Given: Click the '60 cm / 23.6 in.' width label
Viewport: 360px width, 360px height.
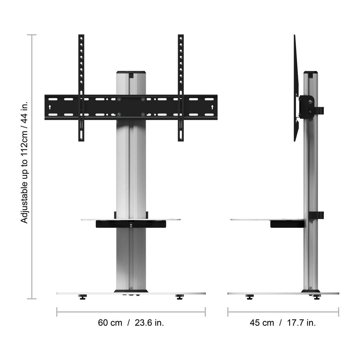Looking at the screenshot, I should coord(131,323).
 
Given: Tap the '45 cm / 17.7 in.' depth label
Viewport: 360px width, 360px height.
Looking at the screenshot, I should coord(283,323).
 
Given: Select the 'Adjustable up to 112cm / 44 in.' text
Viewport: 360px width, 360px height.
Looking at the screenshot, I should coord(24,162).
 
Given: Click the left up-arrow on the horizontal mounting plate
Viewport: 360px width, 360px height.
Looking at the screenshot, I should coord(50,107).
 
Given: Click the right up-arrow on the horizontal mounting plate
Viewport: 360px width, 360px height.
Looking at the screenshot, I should coord(212,107).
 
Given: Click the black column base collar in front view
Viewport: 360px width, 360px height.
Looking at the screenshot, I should coord(131,291).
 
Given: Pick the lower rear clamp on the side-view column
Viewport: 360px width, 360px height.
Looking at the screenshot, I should coord(319,215).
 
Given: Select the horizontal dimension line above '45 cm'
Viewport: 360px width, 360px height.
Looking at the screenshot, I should coord(283,312).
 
